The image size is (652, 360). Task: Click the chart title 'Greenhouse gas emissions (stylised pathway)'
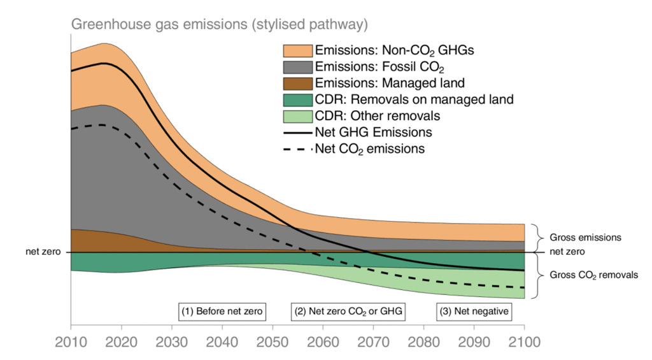click(219, 25)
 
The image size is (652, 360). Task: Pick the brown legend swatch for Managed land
click(297, 83)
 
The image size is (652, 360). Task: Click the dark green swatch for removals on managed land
click(297, 99)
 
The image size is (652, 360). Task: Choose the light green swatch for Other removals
click(297, 116)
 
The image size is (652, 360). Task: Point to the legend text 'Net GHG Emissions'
click(373, 133)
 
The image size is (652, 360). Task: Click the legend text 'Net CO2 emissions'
click(370, 149)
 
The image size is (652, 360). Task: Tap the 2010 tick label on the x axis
click(71, 342)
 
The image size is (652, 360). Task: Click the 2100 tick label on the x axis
click(523, 342)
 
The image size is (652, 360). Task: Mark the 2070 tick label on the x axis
click(372, 342)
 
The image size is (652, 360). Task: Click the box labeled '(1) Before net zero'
click(222, 312)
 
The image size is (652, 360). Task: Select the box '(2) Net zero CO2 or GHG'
click(349, 312)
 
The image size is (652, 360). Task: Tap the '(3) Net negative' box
click(474, 312)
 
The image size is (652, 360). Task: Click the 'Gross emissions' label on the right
click(585, 237)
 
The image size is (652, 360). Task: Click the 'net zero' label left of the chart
click(47, 252)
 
